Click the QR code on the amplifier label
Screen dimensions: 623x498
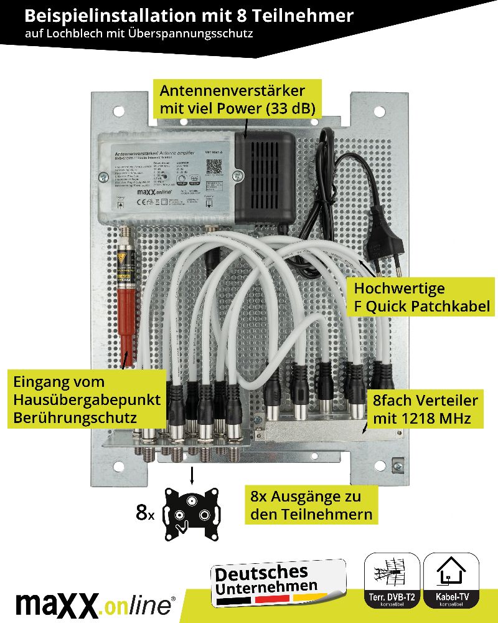(214, 166)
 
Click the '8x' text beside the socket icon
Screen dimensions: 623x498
(145, 513)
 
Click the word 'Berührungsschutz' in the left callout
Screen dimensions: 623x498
(75, 417)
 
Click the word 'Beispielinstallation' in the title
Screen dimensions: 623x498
(110, 15)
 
